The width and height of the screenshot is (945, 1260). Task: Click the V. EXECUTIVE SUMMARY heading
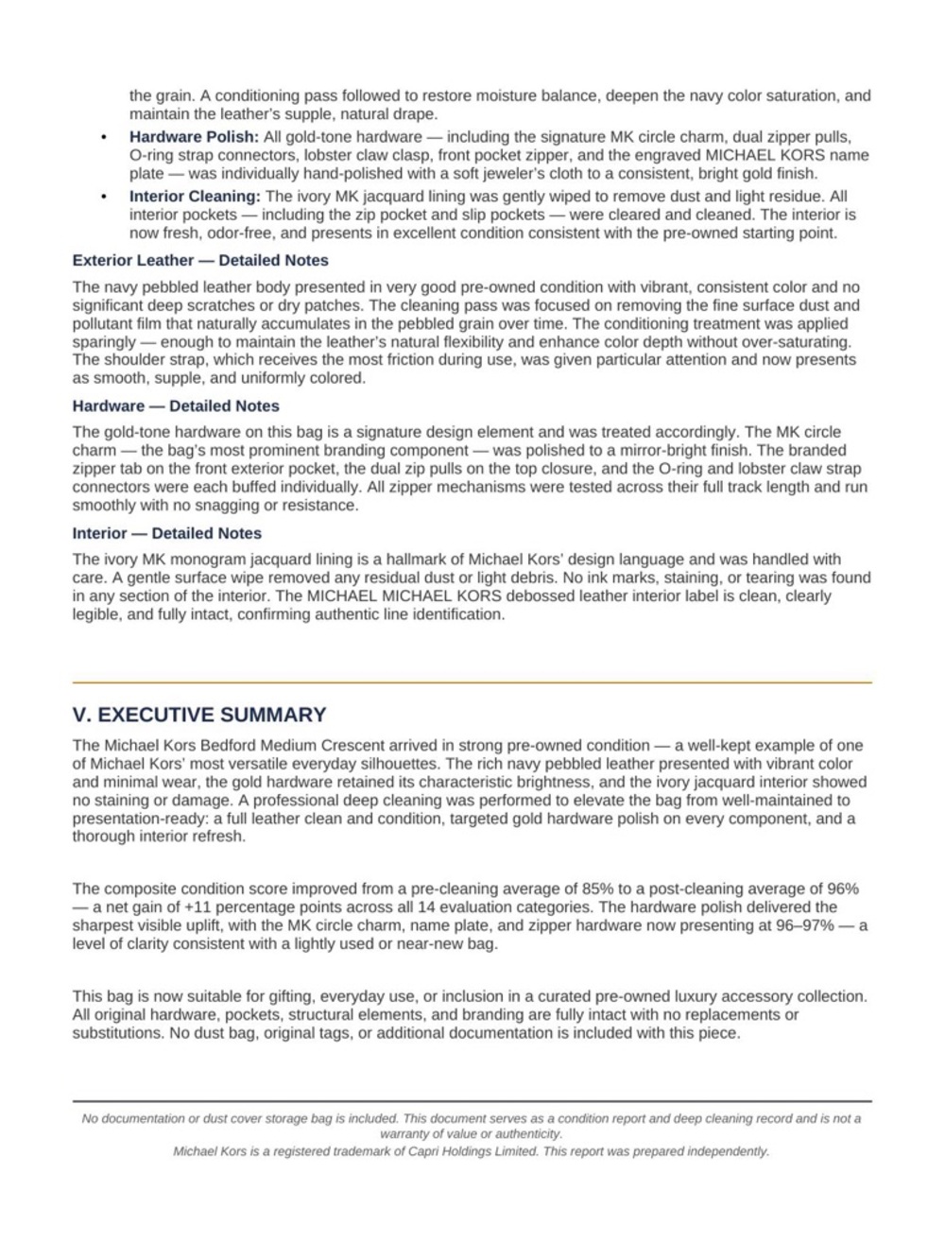(x=199, y=715)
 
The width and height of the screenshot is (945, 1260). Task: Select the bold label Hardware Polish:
(x=194, y=137)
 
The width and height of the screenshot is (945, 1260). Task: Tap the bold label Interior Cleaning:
(x=195, y=197)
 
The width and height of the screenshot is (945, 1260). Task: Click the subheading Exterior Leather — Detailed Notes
(x=200, y=261)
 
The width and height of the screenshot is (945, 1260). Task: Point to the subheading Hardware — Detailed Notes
(x=176, y=406)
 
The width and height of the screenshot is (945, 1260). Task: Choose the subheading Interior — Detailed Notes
(x=166, y=533)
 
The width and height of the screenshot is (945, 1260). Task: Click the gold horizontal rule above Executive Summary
(x=472, y=682)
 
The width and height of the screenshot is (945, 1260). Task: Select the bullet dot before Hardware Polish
(x=104, y=138)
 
